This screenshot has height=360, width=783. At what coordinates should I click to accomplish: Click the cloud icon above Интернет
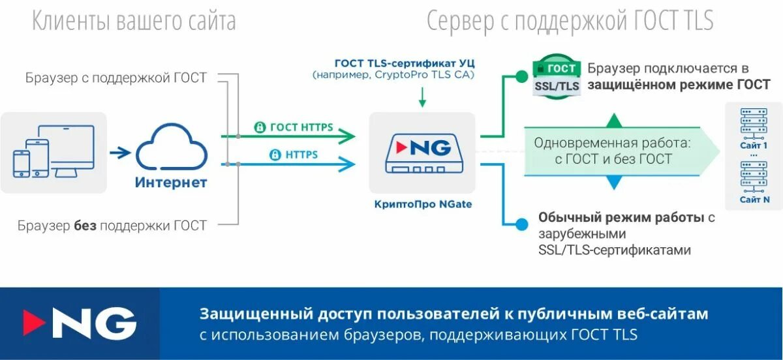point(171,148)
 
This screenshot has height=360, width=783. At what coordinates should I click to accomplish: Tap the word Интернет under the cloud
point(171,182)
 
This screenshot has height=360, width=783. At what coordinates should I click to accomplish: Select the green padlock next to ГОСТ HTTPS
point(260,127)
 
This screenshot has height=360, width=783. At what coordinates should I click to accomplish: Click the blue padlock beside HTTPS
point(275,155)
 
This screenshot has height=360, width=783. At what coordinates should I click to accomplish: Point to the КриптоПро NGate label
point(423,204)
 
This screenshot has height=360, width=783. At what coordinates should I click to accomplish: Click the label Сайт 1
point(754,145)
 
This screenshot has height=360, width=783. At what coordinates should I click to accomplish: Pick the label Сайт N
point(754,200)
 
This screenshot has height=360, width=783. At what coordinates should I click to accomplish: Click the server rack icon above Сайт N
point(754,175)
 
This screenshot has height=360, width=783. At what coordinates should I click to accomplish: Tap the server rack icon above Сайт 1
point(754,123)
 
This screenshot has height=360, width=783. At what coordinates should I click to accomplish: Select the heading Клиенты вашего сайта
point(134,22)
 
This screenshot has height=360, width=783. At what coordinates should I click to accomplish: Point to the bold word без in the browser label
point(85,226)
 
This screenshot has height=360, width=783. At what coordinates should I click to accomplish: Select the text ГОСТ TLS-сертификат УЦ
point(405,63)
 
